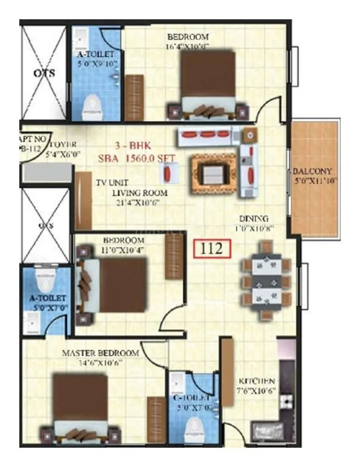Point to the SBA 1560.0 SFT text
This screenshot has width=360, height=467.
(137, 159)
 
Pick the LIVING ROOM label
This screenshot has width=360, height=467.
(139, 193)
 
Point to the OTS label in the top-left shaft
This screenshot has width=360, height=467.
(45, 73)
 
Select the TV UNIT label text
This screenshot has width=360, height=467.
(112, 183)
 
